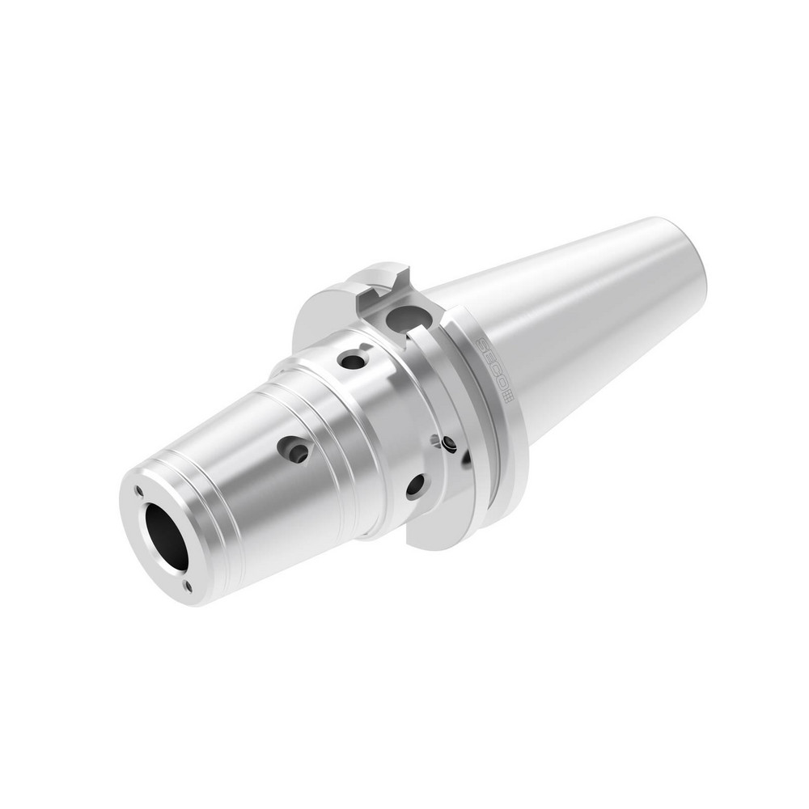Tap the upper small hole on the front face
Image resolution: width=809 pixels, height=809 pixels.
140,491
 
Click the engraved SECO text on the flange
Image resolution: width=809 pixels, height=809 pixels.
492,364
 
